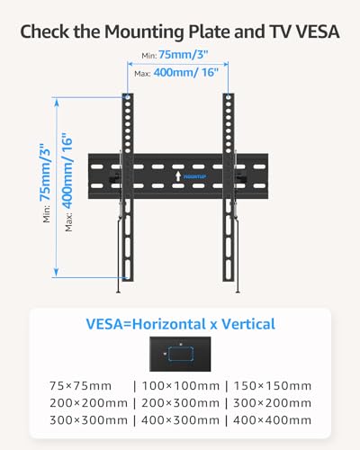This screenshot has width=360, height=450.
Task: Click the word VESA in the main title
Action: [318, 31]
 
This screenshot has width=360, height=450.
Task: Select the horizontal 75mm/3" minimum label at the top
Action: [183, 55]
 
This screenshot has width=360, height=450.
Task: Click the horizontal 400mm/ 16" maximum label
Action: [186, 73]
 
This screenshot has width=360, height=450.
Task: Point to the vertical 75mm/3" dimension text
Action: [46, 173]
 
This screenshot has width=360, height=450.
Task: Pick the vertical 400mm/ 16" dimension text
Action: [67, 170]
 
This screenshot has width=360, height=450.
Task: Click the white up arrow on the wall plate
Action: [178, 176]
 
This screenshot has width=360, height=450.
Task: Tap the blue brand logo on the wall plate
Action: [194, 176]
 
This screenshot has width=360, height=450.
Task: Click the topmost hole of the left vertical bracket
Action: [128, 97]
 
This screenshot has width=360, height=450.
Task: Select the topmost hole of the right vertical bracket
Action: [229, 97]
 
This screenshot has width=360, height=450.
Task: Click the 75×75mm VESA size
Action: [80, 386]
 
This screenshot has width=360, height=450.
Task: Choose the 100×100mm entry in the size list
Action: [180, 386]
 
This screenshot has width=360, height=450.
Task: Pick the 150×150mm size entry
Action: [273, 386]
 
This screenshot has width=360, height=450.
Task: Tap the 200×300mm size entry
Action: [180, 403]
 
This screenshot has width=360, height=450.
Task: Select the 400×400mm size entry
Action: [273, 420]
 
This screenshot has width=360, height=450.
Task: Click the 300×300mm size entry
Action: [89, 420]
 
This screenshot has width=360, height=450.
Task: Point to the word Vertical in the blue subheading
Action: [248, 324]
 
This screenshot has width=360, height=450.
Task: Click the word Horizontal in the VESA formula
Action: [169, 324]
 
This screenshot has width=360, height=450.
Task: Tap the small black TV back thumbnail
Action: [180, 354]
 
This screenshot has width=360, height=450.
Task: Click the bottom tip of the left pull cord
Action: [119, 292]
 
